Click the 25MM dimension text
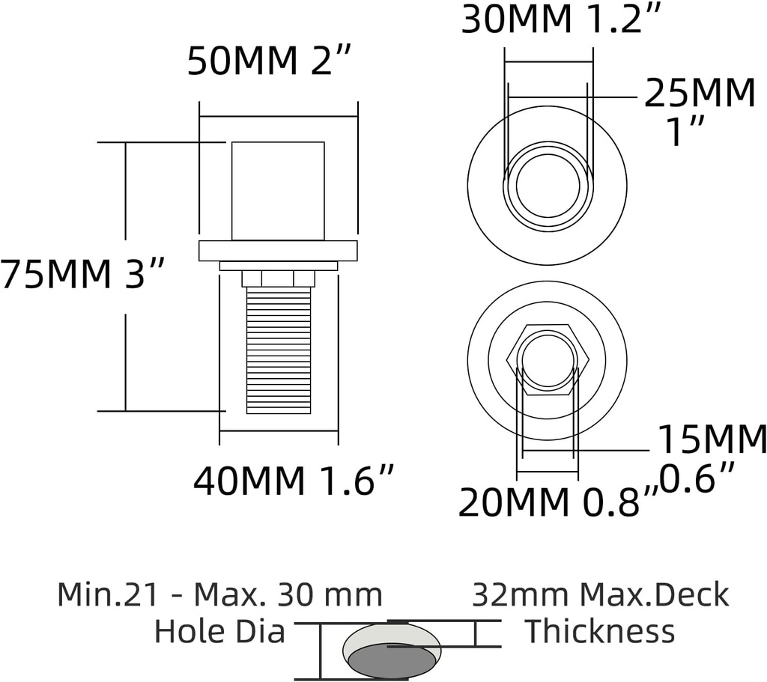[700, 94]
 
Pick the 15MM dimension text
[712, 440]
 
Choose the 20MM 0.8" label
[558, 503]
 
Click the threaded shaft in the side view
[279, 350]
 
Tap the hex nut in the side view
[278, 278]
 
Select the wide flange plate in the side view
[278, 251]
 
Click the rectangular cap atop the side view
[278, 191]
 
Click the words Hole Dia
[219, 632]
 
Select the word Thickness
[599, 632]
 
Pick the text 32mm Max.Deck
[600, 595]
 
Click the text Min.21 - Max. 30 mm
[219, 595]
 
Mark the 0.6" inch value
[696, 478]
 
